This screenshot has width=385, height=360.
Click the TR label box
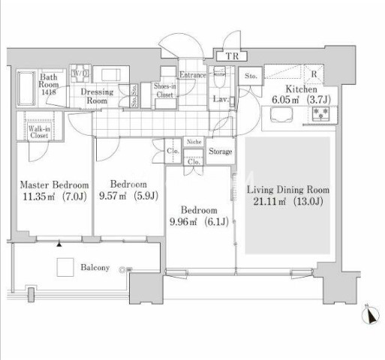232,56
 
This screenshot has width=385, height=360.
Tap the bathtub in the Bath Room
26,88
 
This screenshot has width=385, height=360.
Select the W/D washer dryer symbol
80,73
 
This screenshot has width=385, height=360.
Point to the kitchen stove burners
320,114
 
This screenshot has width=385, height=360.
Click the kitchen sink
282,115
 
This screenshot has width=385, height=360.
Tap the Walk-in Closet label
39,132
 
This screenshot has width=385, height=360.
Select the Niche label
194,142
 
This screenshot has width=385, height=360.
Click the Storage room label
221,151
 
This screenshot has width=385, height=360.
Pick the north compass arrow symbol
370,315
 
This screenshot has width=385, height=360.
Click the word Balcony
95,268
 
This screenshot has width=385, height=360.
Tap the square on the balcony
65,267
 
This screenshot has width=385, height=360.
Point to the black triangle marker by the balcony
59,244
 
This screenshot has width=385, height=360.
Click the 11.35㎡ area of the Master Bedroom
39,196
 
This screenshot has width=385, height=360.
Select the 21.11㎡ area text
269,201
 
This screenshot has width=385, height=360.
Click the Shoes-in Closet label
165,90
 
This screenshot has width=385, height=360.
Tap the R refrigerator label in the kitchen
314,74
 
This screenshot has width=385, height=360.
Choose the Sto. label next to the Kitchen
251,76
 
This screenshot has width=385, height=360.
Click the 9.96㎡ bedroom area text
183,222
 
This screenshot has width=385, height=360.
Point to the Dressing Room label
97,96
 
